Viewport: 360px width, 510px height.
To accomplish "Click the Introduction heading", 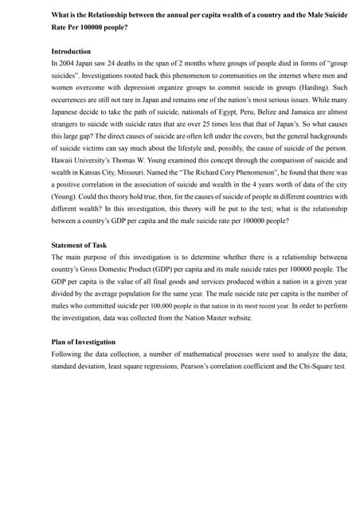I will click(x=70, y=50).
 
